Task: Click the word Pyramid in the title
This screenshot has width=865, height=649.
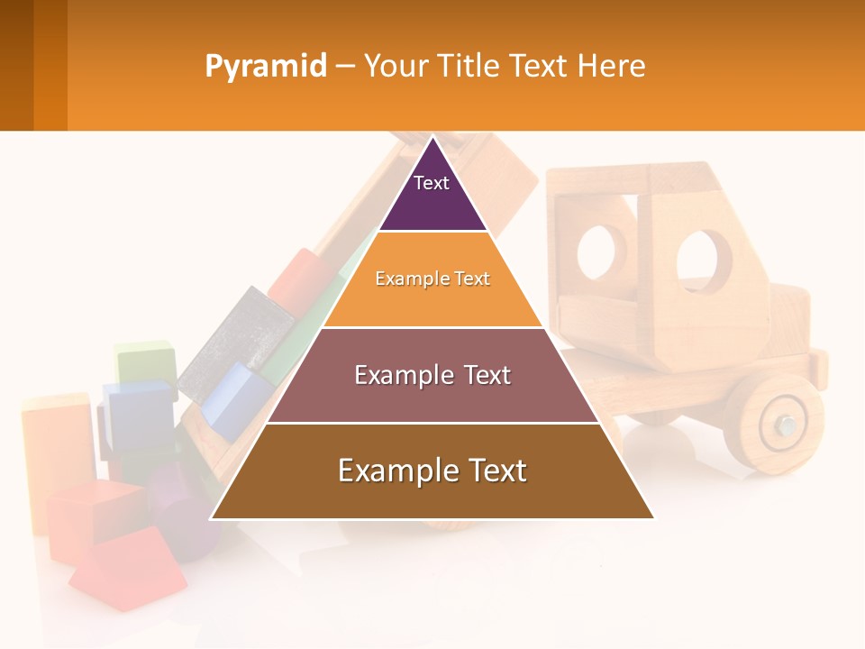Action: tap(266, 67)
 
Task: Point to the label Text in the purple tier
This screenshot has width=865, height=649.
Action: tap(431, 183)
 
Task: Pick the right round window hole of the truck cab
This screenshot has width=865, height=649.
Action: tap(704, 261)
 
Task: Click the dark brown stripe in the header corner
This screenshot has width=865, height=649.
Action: tap(16, 65)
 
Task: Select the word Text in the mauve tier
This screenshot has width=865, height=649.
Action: tap(478, 375)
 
